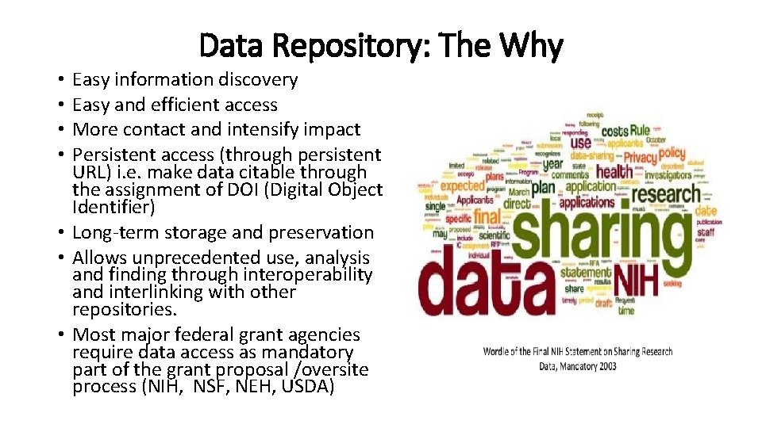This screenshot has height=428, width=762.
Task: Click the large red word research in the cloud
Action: point(666,193)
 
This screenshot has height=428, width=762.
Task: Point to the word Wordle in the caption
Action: point(498,352)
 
